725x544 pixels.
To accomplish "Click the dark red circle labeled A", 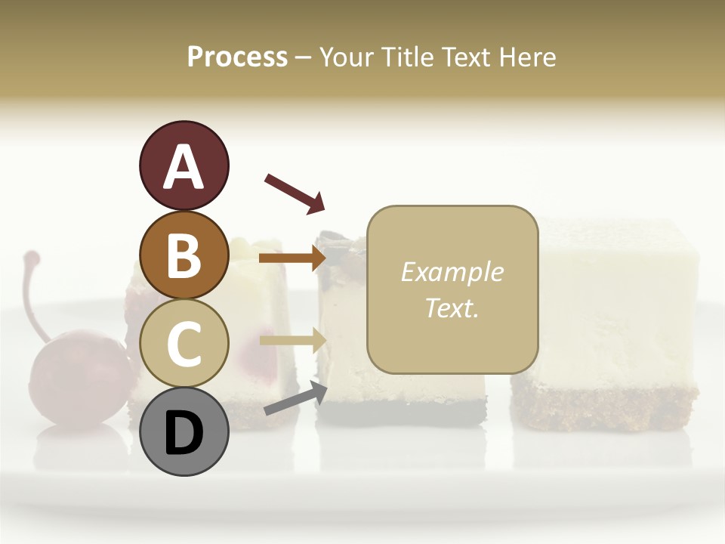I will pos(184,166).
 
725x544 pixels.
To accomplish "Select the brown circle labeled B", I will pos(184,255).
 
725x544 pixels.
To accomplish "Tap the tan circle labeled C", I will pos(184,343).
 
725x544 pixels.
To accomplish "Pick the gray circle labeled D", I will pos(184,431).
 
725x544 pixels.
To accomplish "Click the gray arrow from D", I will pos(295,400).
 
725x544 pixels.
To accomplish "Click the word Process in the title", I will pos(237,57).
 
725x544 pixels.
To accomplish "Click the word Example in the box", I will pos(452,272).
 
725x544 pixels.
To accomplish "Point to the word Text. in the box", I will pos(452,308).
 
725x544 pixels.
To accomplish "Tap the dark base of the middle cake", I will pos(400,412).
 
